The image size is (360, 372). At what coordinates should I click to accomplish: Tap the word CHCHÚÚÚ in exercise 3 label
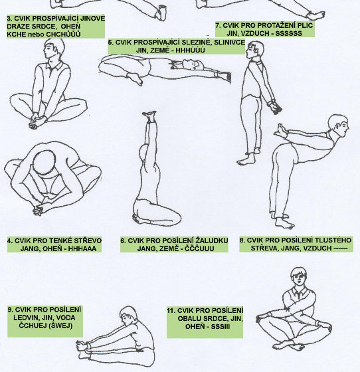coord(63,35)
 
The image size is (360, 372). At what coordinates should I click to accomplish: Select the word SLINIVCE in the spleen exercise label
coord(229,43)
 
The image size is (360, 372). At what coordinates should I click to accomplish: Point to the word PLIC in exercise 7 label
coord(306,25)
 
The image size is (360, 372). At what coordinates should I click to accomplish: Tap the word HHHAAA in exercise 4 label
coord(82,248)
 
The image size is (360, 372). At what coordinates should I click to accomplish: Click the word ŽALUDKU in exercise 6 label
coord(212,240)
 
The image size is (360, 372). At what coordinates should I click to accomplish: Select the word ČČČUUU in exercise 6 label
coord(199,248)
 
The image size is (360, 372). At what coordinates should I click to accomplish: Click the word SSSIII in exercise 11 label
coord(221,327)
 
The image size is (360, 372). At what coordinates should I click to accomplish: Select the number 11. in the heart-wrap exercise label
coord(171,311)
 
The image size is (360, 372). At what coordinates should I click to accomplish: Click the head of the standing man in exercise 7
coord(255,49)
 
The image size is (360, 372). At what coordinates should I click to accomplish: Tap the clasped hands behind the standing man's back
coord(275,107)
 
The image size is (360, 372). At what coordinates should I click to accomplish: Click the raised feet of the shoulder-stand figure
coord(149,116)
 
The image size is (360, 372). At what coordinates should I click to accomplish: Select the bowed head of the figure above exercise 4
coord(45,163)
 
